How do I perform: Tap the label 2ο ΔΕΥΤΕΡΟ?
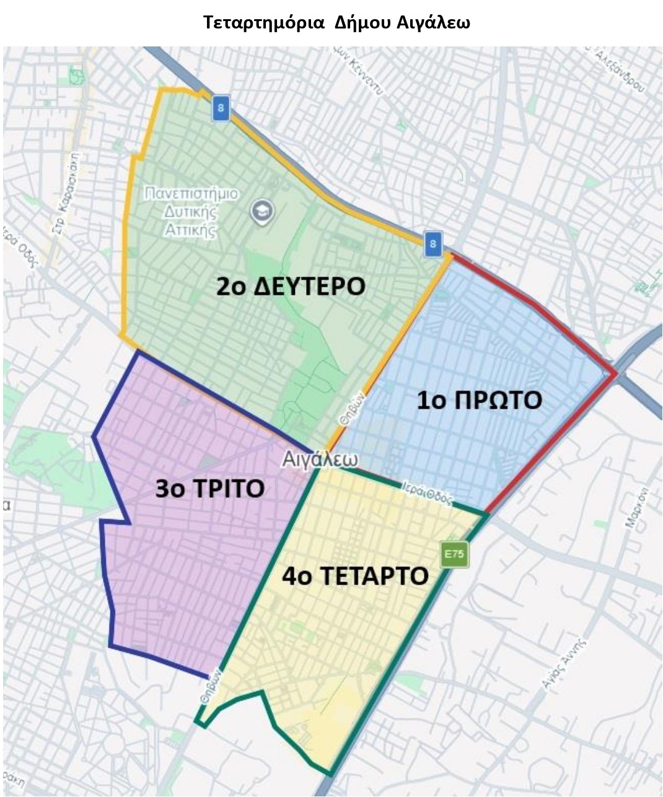291,287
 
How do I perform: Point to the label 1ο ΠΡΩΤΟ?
479,400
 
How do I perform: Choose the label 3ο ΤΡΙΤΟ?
209,489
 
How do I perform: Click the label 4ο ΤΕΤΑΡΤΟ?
355,576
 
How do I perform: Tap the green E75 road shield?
454,555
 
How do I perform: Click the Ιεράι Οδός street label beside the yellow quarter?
428,493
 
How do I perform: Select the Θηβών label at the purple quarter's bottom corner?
209,686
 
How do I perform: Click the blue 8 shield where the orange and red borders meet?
432,243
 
